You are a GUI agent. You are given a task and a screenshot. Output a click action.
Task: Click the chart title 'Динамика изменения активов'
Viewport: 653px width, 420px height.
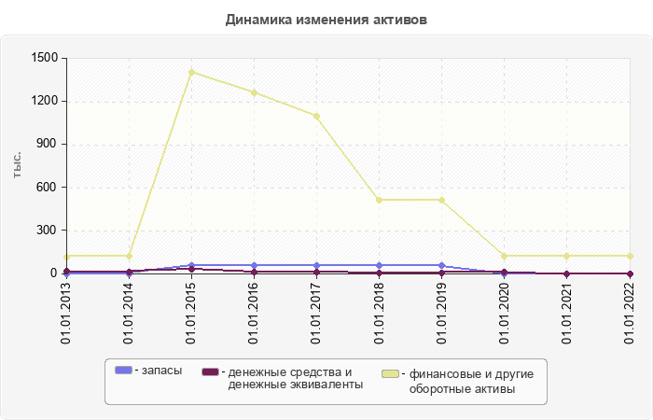click(x=326, y=20)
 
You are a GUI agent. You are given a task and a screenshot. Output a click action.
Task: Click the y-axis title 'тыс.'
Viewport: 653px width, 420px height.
click(x=18, y=165)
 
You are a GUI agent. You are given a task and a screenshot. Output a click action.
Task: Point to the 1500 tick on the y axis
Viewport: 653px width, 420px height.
click(x=45, y=58)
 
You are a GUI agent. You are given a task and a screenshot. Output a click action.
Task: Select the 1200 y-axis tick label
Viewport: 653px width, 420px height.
click(x=45, y=101)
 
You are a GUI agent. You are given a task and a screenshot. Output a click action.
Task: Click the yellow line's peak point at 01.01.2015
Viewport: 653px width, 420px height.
click(x=191, y=72)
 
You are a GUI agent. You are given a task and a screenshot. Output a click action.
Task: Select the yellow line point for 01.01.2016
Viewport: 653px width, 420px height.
click(x=254, y=92)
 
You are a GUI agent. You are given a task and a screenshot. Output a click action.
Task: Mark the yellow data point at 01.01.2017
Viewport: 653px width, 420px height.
click(x=316, y=116)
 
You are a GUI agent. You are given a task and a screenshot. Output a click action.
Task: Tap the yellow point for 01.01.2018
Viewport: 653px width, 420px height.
click(x=379, y=200)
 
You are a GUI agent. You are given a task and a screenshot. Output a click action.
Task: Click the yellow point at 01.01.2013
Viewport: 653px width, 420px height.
click(x=66, y=256)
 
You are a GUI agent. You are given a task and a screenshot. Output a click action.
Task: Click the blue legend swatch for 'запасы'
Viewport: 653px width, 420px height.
click(x=123, y=371)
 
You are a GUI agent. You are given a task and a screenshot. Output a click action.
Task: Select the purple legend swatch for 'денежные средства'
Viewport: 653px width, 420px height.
click(x=210, y=371)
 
